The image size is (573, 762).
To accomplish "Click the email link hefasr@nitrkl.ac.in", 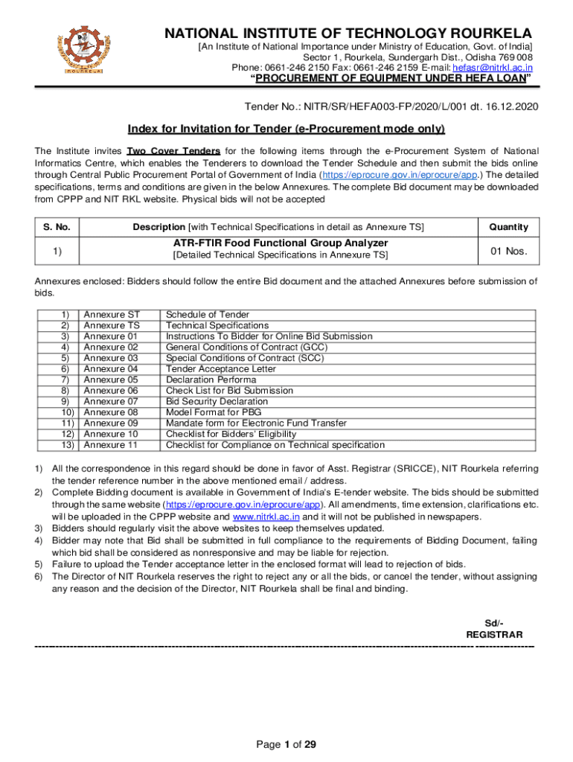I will click(x=493, y=68).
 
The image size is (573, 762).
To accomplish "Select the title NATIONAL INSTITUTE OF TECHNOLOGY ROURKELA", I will click(x=348, y=33).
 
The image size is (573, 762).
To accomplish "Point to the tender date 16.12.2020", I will click(x=509, y=106).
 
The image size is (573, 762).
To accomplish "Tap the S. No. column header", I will click(x=57, y=227).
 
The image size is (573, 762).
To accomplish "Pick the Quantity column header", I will click(x=508, y=227).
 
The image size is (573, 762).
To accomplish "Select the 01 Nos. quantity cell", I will click(x=508, y=251).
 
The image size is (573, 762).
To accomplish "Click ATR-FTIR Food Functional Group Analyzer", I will click(x=281, y=243).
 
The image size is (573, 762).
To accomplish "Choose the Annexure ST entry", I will click(x=111, y=315).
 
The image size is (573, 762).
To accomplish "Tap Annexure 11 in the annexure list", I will click(x=111, y=445).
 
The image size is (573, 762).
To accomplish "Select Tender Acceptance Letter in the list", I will click(x=220, y=369).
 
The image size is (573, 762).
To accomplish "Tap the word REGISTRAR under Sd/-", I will click(x=494, y=635).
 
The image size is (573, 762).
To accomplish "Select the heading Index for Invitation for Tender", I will click(x=286, y=129).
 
